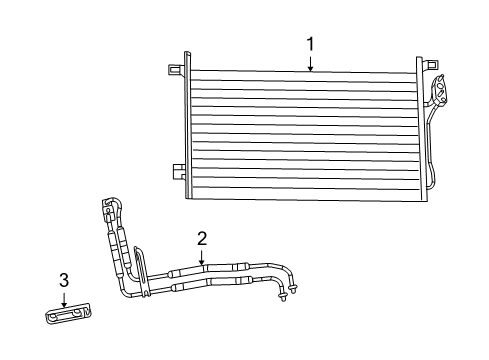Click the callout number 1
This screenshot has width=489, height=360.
tap(310, 44)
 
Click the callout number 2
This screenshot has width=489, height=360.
tap(202, 238)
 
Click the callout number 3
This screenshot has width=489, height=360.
tap(63, 280)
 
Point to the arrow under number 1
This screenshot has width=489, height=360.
tap(310, 63)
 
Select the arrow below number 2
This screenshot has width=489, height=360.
tap(202, 258)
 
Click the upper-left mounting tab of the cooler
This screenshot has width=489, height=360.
tap(174, 69)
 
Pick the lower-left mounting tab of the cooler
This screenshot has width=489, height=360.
tap(176, 171)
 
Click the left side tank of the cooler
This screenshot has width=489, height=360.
tap(185, 125)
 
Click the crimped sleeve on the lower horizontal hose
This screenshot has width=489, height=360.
tap(190, 287)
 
